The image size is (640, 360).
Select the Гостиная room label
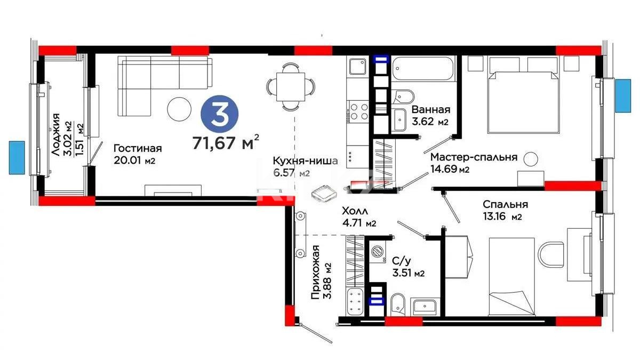point(137,149)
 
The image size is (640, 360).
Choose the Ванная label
point(431,110)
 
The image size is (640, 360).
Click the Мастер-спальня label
point(474,157)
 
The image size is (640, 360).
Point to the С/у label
point(401,261)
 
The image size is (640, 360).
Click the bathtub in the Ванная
point(422,69)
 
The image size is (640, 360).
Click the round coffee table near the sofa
point(179,109)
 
